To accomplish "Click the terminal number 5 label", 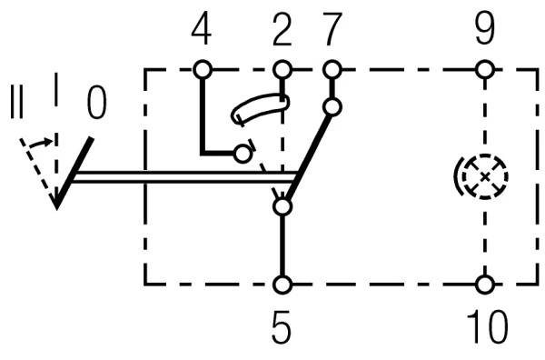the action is (282, 328).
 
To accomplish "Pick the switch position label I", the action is (56, 91).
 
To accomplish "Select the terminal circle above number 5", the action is (282, 285).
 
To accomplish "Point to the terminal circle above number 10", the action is (485, 285).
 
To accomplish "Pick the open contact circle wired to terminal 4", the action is (242, 154).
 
